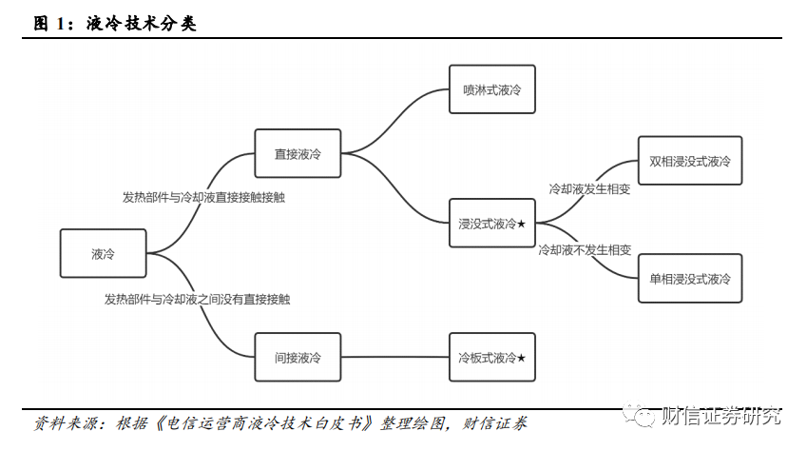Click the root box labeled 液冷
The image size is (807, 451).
pos(103,253)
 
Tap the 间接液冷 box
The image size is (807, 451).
pos(298,358)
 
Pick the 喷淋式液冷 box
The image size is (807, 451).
pos(491,89)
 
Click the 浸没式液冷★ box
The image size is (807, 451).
pos(491,224)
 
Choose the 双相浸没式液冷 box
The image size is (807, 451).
pos(689,161)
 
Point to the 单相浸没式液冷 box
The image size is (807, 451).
pos(689,278)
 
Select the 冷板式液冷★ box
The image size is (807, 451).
pos(491,358)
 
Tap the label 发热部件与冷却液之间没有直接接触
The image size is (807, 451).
pos(197,299)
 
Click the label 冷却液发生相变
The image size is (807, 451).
pos(589,189)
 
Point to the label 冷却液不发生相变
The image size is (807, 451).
pos(585,250)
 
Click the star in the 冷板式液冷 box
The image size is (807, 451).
pos(521,358)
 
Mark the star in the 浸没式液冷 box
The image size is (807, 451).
pos(521,224)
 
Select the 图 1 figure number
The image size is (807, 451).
pos(52,24)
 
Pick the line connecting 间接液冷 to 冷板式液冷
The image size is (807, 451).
pos(394,358)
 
